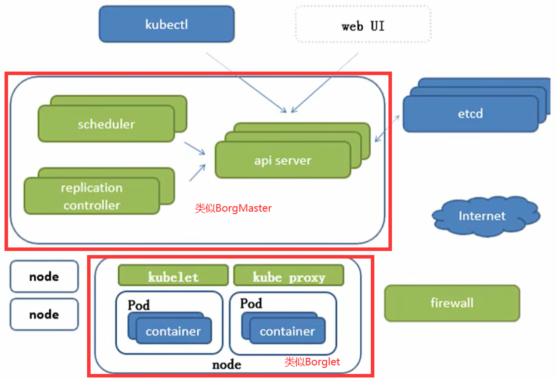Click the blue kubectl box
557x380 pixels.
167,24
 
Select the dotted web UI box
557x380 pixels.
363,25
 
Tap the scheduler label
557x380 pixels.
106,123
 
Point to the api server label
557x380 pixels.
282,161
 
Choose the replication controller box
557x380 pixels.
92,197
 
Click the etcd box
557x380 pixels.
470,113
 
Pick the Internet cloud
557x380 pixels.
482,216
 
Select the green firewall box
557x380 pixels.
452,303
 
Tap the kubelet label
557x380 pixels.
173,277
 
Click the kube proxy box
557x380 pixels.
289,277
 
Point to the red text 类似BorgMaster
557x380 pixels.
233,208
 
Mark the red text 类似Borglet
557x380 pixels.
312,361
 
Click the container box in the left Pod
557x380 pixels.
173,331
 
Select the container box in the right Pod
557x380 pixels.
287,331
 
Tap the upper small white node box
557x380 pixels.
44,276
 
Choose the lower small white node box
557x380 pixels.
44,314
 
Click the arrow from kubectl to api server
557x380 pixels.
247,81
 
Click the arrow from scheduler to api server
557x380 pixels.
195,149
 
